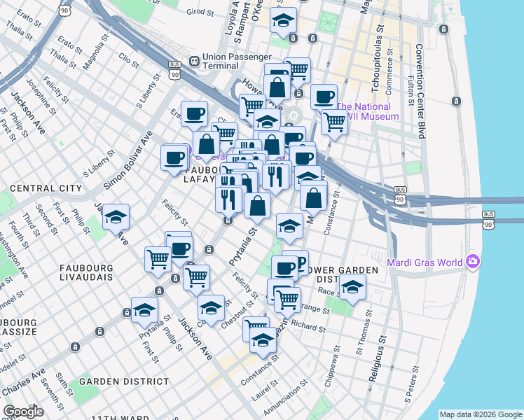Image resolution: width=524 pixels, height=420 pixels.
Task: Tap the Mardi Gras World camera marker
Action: coord(474,262)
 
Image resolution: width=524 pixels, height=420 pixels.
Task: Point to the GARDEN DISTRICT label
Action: coord(124,381)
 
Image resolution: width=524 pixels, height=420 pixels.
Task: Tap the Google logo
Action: coord(23,412)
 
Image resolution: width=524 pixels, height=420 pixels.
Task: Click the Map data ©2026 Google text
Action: coord(481,414)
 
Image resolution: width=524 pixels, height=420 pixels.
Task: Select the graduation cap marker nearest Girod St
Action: coord(283,21)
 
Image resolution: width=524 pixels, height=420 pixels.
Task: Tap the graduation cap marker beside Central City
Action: coord(116,217)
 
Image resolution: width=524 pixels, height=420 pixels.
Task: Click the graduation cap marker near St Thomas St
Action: coord(352,287)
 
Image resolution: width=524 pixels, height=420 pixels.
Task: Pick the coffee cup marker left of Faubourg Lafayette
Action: coord(174,157)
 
